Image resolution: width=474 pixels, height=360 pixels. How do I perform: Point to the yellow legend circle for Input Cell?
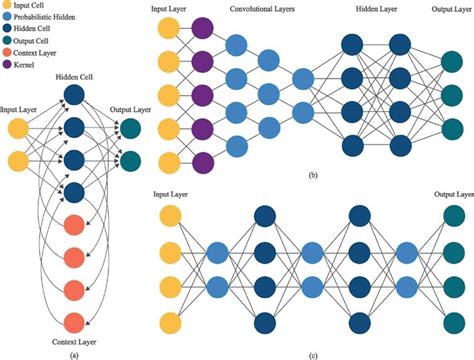8,5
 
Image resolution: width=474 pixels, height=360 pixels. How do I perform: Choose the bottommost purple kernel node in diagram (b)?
202,163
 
